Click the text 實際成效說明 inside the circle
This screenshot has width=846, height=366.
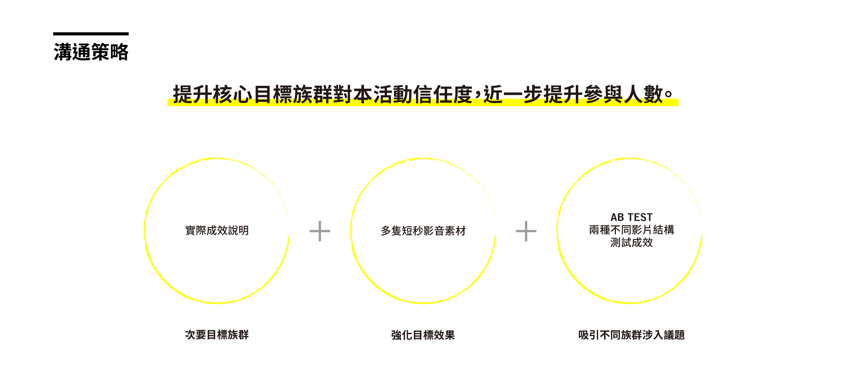217,231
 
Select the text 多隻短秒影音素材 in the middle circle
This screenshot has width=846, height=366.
423,231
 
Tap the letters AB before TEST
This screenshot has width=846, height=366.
617,217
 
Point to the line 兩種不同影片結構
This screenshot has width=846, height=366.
631,230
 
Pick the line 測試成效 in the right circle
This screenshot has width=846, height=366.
631,243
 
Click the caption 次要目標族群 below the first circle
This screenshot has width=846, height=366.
217,335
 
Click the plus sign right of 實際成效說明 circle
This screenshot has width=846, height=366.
319,231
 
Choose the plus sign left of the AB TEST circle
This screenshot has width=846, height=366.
526,231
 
